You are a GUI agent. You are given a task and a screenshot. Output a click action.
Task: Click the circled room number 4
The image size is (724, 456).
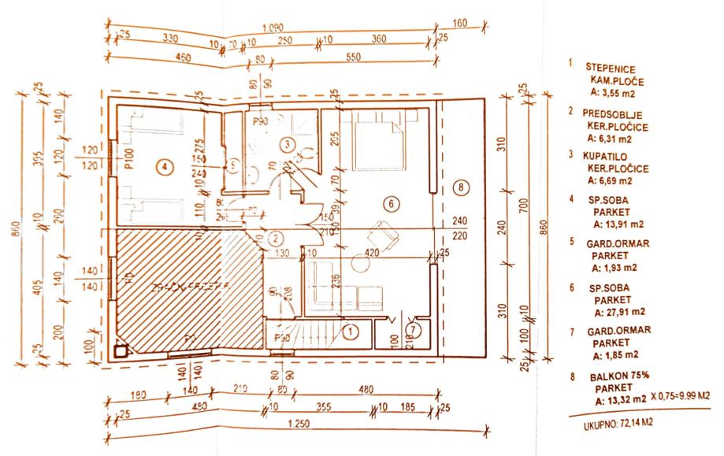[163, 166]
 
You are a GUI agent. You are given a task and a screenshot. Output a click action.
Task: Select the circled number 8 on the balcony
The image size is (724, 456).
[462, 187]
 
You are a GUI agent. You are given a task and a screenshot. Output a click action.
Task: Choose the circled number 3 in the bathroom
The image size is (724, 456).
[289, 144]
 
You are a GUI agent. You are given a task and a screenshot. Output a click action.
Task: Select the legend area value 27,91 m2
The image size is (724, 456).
[619, 310]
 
